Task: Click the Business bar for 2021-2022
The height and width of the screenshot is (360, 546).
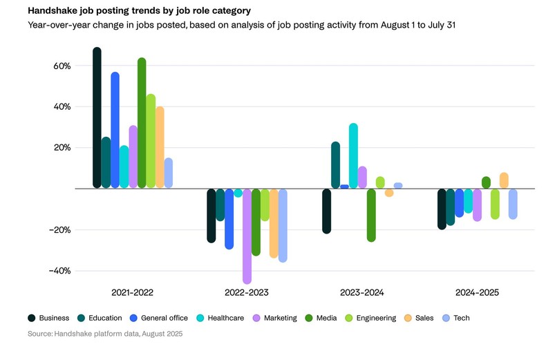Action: click(x=97, y=117)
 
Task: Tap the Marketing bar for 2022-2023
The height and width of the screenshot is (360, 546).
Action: click(x=247, y=235)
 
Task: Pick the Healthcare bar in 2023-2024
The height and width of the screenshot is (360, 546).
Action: click(x=353, y=156)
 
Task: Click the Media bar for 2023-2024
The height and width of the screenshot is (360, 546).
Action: click(x=371, y=215)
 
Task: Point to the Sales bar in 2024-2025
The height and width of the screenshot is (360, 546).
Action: click(x=504, y=181)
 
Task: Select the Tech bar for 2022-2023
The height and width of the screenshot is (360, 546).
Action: click(x=282, y=225)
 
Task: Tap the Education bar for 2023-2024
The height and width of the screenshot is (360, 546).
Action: click(x=335, y=165)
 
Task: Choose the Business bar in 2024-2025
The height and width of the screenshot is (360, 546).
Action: click(x=442, y=209)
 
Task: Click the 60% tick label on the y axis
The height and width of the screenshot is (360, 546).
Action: click(x=62, y=66)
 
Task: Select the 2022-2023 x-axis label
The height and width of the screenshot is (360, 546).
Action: click(x=247, y=293)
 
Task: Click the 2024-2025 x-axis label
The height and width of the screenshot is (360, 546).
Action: click(x=477, y=293)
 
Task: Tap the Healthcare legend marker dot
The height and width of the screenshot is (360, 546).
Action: click(x=201, y=318)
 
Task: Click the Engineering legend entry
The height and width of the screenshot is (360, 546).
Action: click(x=370, y=318)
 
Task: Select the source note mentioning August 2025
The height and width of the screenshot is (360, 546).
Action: click(x=105, y=334)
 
